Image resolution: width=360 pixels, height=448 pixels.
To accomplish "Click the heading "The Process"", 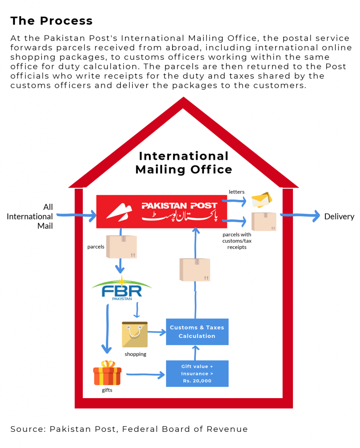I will coord(51,21).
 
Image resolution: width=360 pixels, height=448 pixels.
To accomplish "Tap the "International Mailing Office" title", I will coord(184,163).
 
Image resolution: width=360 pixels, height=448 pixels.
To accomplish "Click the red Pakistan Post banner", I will coord(162,211).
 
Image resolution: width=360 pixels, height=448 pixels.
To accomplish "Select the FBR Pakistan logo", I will coord(121,289).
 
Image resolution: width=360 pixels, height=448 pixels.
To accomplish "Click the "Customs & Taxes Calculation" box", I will coord(197,332).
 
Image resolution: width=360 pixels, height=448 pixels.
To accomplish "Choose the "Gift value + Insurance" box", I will coord(197,374).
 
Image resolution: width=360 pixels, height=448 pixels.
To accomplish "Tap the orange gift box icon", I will coord(107,373).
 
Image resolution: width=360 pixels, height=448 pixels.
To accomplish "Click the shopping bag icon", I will coord(135,335).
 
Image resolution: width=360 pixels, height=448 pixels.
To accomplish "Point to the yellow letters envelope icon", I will coord(261,199).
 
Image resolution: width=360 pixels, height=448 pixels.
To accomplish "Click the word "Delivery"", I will coord(339,216).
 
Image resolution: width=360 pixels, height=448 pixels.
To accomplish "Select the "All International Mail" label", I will coord(30,216).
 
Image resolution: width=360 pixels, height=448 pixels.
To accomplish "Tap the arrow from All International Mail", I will coord(77,215).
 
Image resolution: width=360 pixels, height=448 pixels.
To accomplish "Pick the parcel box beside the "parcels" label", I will coord(122,247).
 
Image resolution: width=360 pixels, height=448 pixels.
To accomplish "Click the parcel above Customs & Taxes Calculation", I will coord(195,269).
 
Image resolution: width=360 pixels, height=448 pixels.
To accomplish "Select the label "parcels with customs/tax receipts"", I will coord(237,241).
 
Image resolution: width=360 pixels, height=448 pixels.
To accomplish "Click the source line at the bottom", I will coord(129,429).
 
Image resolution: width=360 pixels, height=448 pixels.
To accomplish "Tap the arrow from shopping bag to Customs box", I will coord(157,332).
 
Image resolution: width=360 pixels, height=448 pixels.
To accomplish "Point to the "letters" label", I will coord(236,192).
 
